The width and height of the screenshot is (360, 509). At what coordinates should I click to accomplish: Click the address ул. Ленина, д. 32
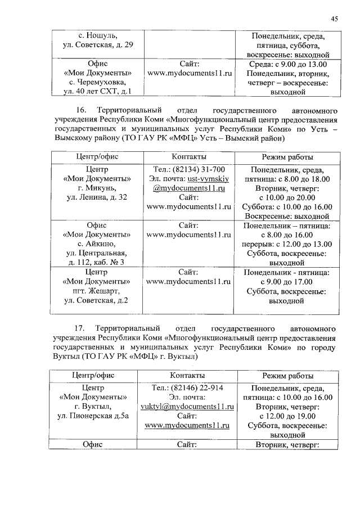97,197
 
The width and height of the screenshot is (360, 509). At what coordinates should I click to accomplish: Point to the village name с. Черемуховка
97,82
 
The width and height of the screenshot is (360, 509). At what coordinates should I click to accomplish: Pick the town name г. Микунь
97,188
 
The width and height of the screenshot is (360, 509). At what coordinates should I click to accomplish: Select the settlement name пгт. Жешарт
96,291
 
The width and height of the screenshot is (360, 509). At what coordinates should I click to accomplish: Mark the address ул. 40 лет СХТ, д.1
97,91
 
